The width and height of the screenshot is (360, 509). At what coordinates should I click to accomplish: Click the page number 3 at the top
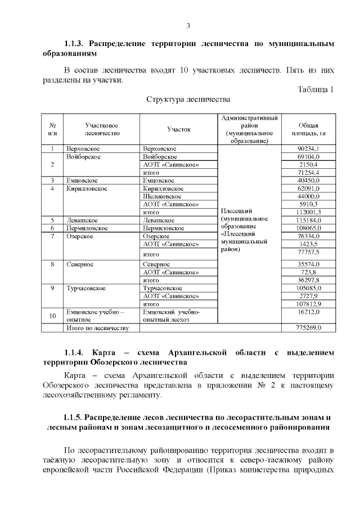tap(188, 25)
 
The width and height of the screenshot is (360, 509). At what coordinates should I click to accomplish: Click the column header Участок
tap(179, 129)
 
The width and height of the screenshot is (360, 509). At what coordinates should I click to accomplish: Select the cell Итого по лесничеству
tap(98, 327)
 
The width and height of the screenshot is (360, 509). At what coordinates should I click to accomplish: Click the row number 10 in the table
tap(52, 316)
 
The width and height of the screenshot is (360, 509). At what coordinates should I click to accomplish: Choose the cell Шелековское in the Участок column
tap(163, 196)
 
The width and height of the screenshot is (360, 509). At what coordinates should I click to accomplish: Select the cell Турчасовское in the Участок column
tap(163, 288)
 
